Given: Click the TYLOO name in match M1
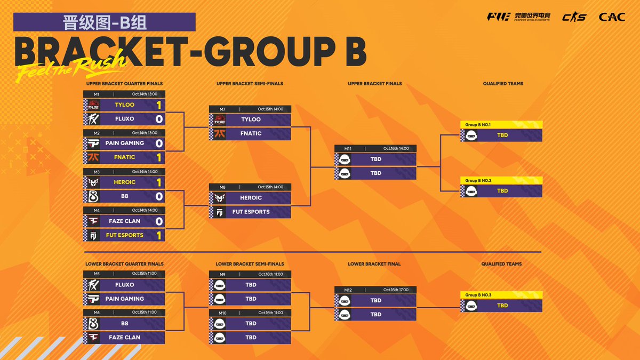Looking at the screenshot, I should click(x=124, y=105).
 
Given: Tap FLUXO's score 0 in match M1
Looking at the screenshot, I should click(x=158, y=119).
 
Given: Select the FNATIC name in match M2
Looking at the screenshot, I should click(x=124, y=157).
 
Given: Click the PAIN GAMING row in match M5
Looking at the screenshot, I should click(x=124, y=299).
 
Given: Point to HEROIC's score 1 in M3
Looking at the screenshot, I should click(x=158, y=182).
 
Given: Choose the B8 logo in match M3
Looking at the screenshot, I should click(x=93, y=196).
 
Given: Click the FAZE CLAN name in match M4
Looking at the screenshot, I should click(x=124, y=221).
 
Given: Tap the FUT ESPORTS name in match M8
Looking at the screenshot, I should click(x=251, y=212).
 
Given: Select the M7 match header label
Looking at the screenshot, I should click(x=222, y=109).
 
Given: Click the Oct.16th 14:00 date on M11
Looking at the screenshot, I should click(x=396, y=148).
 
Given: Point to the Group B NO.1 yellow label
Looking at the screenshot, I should click(x=477, y=125).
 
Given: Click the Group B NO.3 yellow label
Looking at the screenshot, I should click(x=477, y=295).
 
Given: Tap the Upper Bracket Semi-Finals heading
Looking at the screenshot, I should click(x=250, y=84).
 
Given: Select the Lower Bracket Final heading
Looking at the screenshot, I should click(x=374, y=264).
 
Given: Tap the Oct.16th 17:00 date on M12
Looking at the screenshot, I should click(x=396, y=290).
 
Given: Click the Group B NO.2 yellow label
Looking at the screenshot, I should click(x=477, y=180).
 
